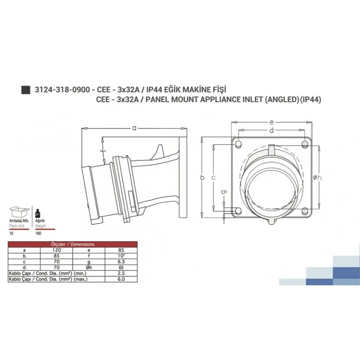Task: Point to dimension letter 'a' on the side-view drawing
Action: pyautogui.click(x=134, y=128)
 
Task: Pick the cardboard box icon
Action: pyautogui.click(x=19, y=212)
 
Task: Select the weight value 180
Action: pyautogui.click(x=38, y=234)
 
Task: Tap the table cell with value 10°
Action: pyautogui.click(x=120, y=254)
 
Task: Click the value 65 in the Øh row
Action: pyautogui.click(x=120, y=266)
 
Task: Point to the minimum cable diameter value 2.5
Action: pyautogui.click(x=120, y=273)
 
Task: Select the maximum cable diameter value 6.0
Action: pyautogui.click(x=120, y=279)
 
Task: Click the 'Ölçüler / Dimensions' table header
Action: pyautogui.click(x=72, y=243)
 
